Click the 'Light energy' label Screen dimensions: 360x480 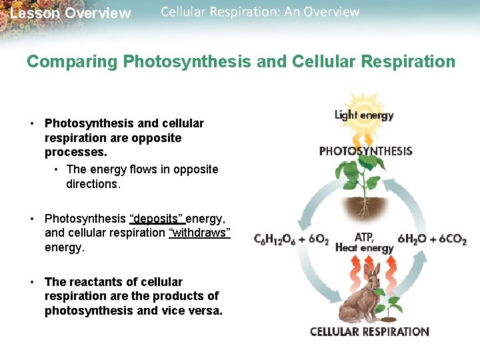364,115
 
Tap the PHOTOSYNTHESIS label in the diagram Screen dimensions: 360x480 365,151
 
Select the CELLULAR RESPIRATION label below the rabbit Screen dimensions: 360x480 369,331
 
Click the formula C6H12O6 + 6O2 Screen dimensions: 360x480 291,239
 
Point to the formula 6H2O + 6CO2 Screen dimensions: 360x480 432,239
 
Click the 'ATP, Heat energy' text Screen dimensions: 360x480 364,242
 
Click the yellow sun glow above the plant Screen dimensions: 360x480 364,137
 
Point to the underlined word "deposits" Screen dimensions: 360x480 157,219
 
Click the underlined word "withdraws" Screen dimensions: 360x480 199,233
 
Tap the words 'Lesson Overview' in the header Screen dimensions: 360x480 71,13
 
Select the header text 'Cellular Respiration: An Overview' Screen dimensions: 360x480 260,12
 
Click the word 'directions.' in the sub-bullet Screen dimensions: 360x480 93,183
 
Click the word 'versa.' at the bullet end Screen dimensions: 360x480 205,311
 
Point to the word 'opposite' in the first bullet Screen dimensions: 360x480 156,138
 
